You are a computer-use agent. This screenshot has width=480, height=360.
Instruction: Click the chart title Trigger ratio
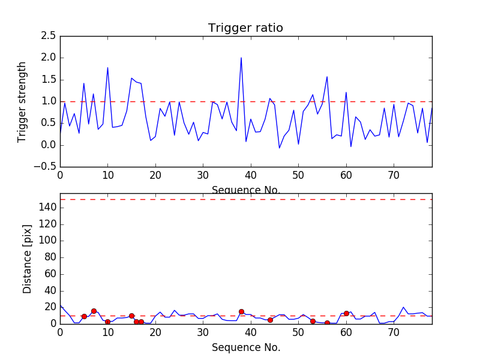click(245, 28)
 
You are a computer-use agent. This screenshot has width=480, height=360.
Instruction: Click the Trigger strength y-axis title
click(22, 101)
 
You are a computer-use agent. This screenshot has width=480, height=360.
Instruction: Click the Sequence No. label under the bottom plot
click(245, 347)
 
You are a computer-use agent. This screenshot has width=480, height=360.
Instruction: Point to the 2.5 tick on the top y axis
click(49, 36)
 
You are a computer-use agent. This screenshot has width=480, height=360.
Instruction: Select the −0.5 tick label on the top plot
click(46, 167)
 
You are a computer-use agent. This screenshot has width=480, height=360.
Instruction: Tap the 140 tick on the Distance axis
click(48, 208)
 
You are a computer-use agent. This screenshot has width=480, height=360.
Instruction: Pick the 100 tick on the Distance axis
click(48, 241)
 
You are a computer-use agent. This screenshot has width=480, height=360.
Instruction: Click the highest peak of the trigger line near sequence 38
click(241, 58)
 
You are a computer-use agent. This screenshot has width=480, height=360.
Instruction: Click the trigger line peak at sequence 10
click(107, 68)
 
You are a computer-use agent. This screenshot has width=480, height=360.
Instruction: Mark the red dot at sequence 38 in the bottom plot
click(241, 311)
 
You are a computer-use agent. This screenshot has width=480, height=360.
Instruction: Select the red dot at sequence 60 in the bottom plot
click(346, 313)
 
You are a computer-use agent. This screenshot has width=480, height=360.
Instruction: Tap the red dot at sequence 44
click(270, 320)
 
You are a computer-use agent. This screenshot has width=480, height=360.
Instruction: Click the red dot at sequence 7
click(94, 311)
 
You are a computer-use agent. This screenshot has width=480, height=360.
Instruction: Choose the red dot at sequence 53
click(313, 321)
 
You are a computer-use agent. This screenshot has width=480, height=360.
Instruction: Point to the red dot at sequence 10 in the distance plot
click(107, 322)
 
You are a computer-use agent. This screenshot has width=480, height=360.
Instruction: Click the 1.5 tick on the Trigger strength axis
click(49, 80)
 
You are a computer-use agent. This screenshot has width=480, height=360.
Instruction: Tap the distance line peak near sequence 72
click(403, 307)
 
